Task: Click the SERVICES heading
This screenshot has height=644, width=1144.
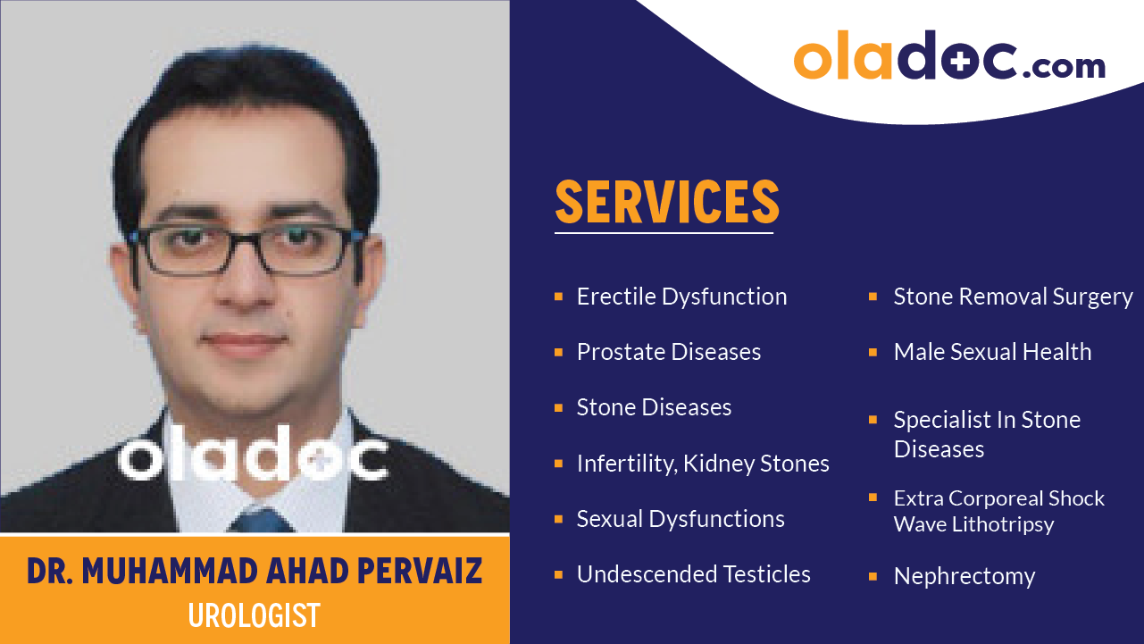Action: coord(667,202)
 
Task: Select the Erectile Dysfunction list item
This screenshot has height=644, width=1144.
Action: coord(681,297)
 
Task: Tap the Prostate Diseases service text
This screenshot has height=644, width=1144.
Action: coord(668,352)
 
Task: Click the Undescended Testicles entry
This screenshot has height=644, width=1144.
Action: coord(693,574)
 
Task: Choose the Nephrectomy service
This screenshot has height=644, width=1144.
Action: coord(964,576)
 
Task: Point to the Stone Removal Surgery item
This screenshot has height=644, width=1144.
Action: coord(1013,297)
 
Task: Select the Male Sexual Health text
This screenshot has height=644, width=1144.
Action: coord(992,352)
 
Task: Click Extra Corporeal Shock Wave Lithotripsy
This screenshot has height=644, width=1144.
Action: coord(998,511)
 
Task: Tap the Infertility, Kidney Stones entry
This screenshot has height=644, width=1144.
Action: coord(703,464)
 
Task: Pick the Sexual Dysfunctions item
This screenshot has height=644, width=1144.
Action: coord(681,519)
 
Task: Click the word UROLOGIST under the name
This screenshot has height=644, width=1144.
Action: coord(254,615)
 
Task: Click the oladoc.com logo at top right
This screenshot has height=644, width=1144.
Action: coord(948,57)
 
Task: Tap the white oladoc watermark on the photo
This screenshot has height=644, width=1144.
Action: coord(254,457)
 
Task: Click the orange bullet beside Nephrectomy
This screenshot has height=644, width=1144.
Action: coord(873,577)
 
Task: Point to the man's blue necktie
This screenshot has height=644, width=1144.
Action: coord(259,520)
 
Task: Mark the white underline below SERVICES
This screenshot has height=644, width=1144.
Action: coord(664,233)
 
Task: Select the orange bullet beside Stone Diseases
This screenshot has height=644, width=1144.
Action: coord(558,408)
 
